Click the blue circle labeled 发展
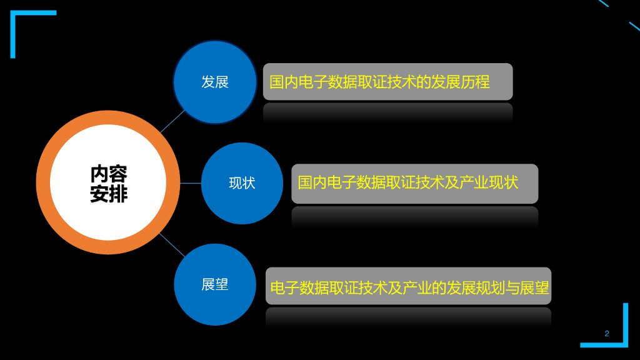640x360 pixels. pyautogui.click(x=215, y=82)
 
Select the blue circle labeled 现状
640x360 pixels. pyautogui.click(x=242, y=183)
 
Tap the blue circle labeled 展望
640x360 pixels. pyautogui.click(x=215, y=284)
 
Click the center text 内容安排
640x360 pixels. pyautogui.click(x=108, y=183)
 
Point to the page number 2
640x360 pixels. pyautogui.click(x=606, y=333)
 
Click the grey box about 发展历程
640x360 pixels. pyautogui.click(x=387, y=82)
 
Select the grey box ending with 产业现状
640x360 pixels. pyautogui.click(x=414, y=183)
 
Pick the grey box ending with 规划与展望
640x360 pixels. pyautogui.click(x=408, y=287)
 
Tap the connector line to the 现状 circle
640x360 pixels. pyautogui.click(x=190, y=183)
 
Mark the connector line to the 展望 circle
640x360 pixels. pyautogui.click(x=172, y=244)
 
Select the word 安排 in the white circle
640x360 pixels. pyautogui.click(x=108, y=194)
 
